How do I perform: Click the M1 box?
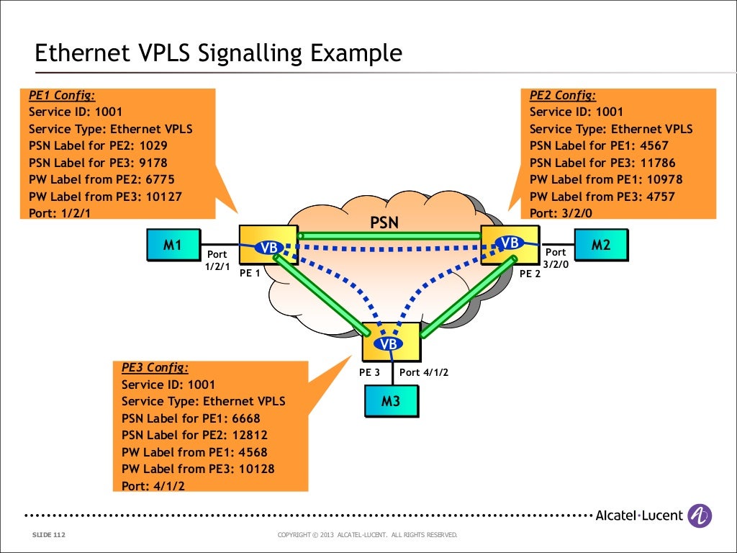(x=172, y=245)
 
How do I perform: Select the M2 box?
(x=600, y=245)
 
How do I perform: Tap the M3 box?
(x=390, y=402)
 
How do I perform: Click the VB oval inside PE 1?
(x=269, y=248)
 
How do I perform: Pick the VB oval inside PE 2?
(x=510, y=243)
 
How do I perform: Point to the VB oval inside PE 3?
(x=389, y=344)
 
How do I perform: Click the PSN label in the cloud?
(x=384, y=222)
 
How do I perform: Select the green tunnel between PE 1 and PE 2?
(x=389, y=235)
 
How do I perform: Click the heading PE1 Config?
(x=61, y=95)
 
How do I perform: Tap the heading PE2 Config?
(x=563, y=95)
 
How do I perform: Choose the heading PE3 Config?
(x=155, y=367)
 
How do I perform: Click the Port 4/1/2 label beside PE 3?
(x=424, y=372)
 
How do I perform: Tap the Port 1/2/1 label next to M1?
(x=217, y=260)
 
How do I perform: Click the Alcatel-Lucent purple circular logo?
(x=700, y=516)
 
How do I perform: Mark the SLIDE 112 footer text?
(x=49, y=535)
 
